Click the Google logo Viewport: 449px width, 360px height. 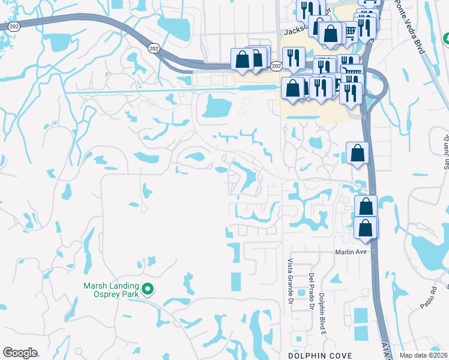tap(20, 353)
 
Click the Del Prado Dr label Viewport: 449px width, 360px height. tap(312, 292)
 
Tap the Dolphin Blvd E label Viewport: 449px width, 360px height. tap(322, 312)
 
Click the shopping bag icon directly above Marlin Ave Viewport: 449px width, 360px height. tap(366, 228)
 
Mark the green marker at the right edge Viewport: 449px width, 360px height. tap(446, 38)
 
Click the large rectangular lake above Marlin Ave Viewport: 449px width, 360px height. tap(217, 107)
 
